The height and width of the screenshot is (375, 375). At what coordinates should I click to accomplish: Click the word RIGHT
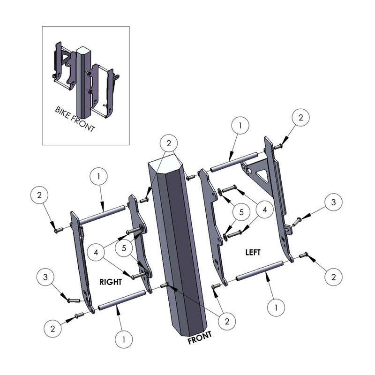111,282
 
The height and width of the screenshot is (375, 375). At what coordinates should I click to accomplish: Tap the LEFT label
253,252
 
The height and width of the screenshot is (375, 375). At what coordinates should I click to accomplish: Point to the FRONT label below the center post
200,337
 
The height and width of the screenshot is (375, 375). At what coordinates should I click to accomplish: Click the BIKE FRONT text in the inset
75,119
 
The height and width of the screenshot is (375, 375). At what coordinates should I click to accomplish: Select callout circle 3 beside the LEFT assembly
333,202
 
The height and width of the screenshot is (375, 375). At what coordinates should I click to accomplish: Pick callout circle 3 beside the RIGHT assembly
45,277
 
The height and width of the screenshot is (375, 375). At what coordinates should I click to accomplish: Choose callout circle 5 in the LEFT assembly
241,212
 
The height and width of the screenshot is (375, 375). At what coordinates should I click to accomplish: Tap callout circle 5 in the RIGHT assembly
124,248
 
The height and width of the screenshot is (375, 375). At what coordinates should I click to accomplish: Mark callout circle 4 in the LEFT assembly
264,210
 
